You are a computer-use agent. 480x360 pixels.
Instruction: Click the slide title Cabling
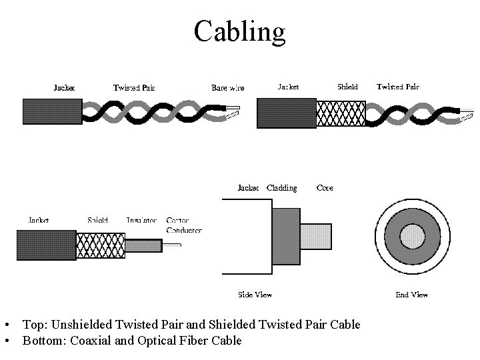pyautogui.click(x=239, y=31)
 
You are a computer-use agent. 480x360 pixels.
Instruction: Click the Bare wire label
pyautogui.click(x=227, y=87)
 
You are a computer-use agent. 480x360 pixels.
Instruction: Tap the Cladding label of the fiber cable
pyautogui.click(x=281, y=188)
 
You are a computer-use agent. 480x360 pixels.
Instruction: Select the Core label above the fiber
pyautogui.click(x=325, y=188)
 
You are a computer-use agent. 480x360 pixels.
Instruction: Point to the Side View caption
pyautogui.click(x=255, y=294)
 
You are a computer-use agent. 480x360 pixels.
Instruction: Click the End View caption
pyautogui.click(x=411, y=294)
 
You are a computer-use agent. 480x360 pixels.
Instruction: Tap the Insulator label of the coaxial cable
pyautogui.click(x=141, y=221)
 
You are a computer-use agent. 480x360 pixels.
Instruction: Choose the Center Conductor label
pyautogui.click(x=183, y=225)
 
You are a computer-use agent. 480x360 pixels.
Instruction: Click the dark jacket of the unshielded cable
pyautogui.click(x=52, y=111)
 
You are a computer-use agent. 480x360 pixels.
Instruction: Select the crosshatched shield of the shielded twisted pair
pyautogui.click(x=340, y=112)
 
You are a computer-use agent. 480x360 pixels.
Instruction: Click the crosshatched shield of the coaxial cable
pyautogui.click(x=100, y=245)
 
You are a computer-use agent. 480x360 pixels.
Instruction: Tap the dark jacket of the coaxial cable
pyautogui.click(x=46, y=245)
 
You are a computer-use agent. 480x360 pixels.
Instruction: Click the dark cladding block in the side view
pyautogui.click(x=286, y=237)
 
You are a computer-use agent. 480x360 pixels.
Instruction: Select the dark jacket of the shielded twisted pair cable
pyautogui.click(x=286, y=112)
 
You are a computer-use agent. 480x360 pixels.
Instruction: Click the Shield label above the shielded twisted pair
pyautogui.click(x=347, y=87)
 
